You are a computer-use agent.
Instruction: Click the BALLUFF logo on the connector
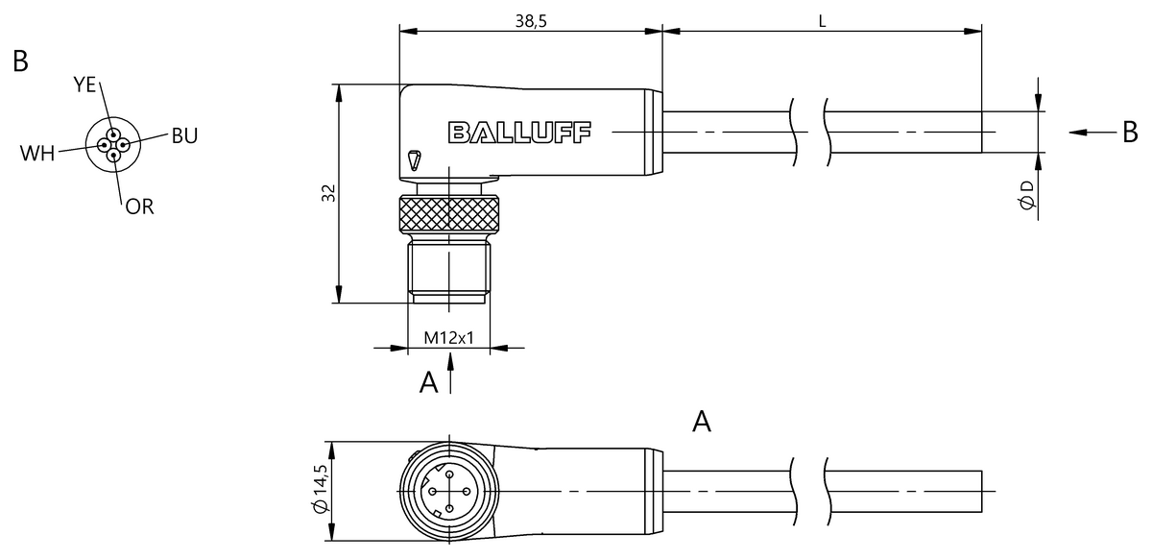click(x=519, y=132)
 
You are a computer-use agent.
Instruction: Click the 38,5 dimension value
click(x=529, y=23)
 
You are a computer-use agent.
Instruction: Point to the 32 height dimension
click(x=328, y=193)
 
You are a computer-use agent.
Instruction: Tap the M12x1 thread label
click(x=449, y=339)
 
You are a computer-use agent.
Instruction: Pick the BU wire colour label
click(x=184, y=135)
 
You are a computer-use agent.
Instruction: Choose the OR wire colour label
click(x=139, y=206)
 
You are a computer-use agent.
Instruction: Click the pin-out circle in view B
click(x=113, y=145)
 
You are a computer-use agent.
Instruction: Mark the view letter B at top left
click(x=21, y=61)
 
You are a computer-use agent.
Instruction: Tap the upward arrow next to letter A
click(x=451, y=375)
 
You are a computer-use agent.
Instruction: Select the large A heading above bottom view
click(x=702, y=421)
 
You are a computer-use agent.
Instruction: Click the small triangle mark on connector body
click(x=414, y=159)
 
